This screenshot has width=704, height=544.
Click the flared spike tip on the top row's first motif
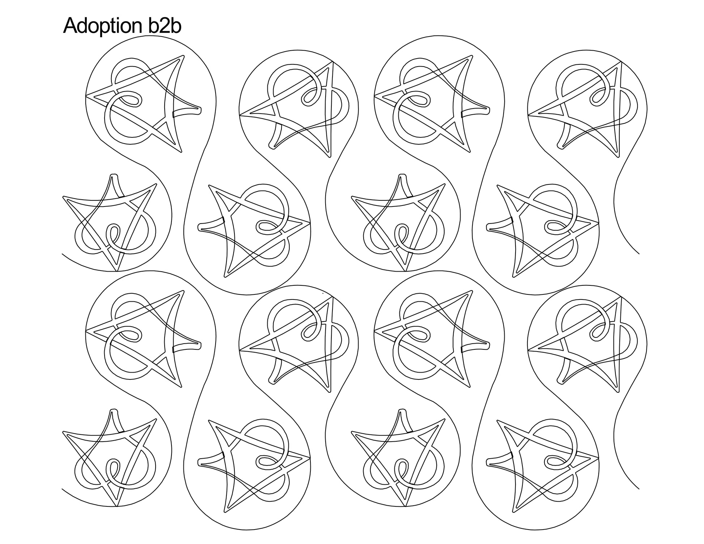coord(200,108)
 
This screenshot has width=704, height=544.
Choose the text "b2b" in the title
coord(165,26)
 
